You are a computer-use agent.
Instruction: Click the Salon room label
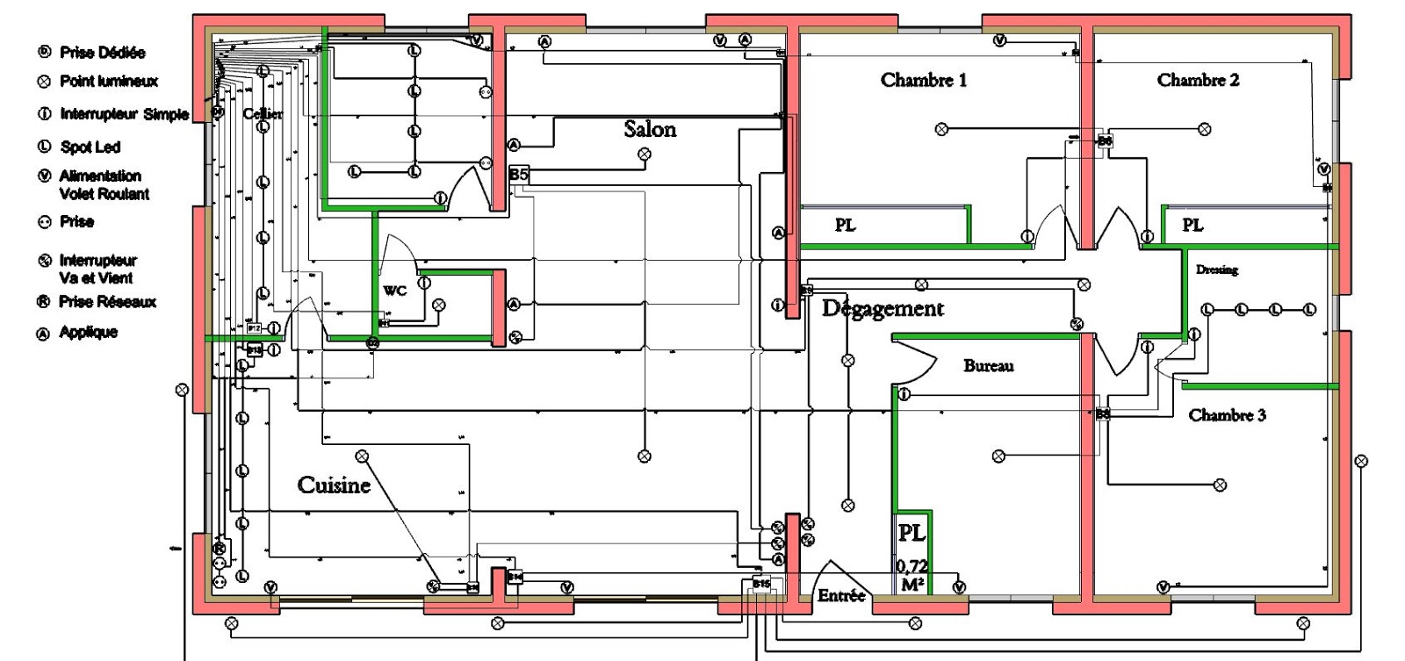650,129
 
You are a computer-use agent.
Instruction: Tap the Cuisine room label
334,485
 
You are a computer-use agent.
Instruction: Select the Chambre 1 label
924,80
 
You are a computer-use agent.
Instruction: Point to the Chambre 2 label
1198,80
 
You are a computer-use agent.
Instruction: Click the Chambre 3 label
1227,415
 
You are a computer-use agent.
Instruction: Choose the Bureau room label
988,366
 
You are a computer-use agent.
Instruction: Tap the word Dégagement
883,309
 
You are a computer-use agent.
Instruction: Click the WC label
394,291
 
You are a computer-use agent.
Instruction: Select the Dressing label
1216,269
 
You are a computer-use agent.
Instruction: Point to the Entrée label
841,596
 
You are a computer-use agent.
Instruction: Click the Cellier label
263,114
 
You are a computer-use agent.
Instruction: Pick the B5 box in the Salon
519,175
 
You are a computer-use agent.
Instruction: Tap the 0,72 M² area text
912,575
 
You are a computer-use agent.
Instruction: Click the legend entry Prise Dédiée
102,53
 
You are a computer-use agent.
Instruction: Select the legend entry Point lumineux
108,82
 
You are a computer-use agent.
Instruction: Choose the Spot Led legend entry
90,147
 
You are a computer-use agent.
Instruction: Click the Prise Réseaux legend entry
107,302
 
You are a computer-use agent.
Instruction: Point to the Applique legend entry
88,333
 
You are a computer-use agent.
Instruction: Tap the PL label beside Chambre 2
1192,226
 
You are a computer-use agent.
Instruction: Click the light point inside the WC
439,305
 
